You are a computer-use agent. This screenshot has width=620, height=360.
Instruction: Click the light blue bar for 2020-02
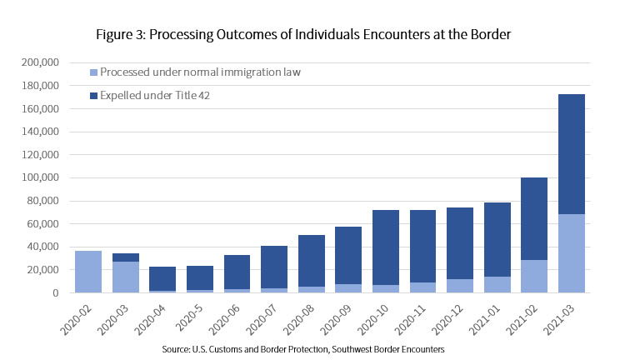coord(88,272)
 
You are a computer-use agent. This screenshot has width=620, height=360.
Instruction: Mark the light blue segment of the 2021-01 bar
coord(497,285)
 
